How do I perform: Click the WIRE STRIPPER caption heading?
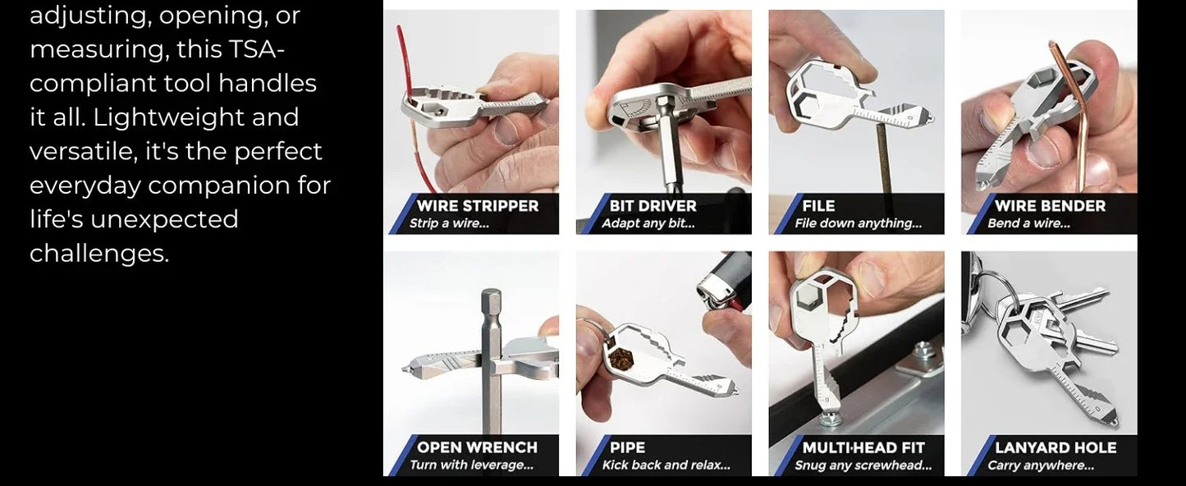(x=478, y=206)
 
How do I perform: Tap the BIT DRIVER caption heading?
(x=653, y=206)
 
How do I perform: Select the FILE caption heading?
(x=818, y=206)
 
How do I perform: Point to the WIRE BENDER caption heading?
(x=1050, y=206)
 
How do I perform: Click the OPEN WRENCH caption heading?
(x=477, y=447)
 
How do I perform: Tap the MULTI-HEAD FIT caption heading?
(x=863, y=447)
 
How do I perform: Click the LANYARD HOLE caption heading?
(x=1055, y=447)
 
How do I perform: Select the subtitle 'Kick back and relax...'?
(x=666, y=465)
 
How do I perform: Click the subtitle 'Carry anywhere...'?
(x=1040, y=465)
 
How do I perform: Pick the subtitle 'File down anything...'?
(x=858, y=223)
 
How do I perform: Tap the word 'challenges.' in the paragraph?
(x=99, y=254)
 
